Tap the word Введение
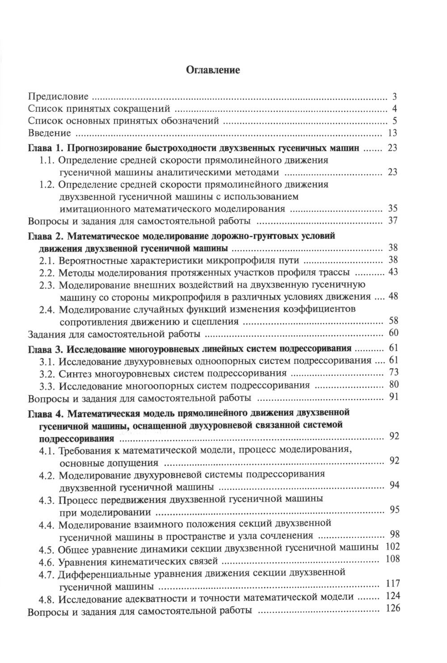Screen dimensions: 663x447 [49, 133]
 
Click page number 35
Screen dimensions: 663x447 [392, 208]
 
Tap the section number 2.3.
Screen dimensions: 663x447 [46, 284]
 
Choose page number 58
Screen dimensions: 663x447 [392, 321]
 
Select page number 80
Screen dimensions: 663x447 [392, 384]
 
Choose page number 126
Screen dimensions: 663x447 [389, 608]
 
